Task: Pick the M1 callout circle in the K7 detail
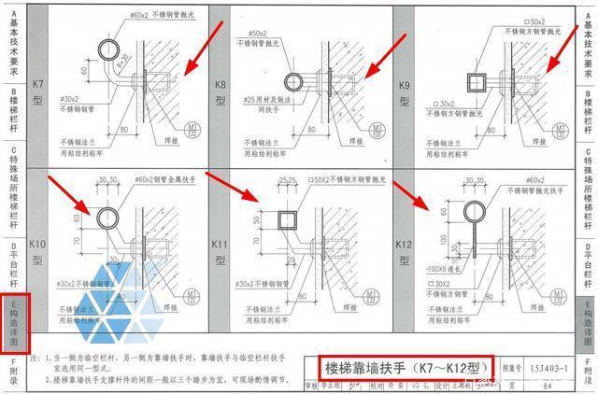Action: (x=194, y=128)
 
